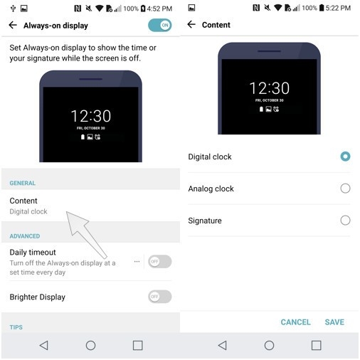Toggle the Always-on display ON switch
(x=160, y=25)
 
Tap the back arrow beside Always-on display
(x=13, y=25)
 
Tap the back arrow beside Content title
(x=191, y=25)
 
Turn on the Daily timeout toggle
(x=159, y=261)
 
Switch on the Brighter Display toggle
(x=159, y=297)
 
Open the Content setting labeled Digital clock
(x=28, y=206)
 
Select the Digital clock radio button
(x=345, y=157)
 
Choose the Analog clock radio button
(x=345, y=189)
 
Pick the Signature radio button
(x=345, y=221)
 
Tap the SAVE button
(x=334, y=322)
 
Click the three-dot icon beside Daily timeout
(x=137, y=261)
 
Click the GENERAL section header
(x=23, y=184)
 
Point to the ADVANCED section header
(x=25, y=236)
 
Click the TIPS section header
(x=16, y=327)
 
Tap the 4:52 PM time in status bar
(x=158, y=8)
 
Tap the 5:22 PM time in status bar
(x=337, y=8)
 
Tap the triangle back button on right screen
(x=222, y=345)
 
